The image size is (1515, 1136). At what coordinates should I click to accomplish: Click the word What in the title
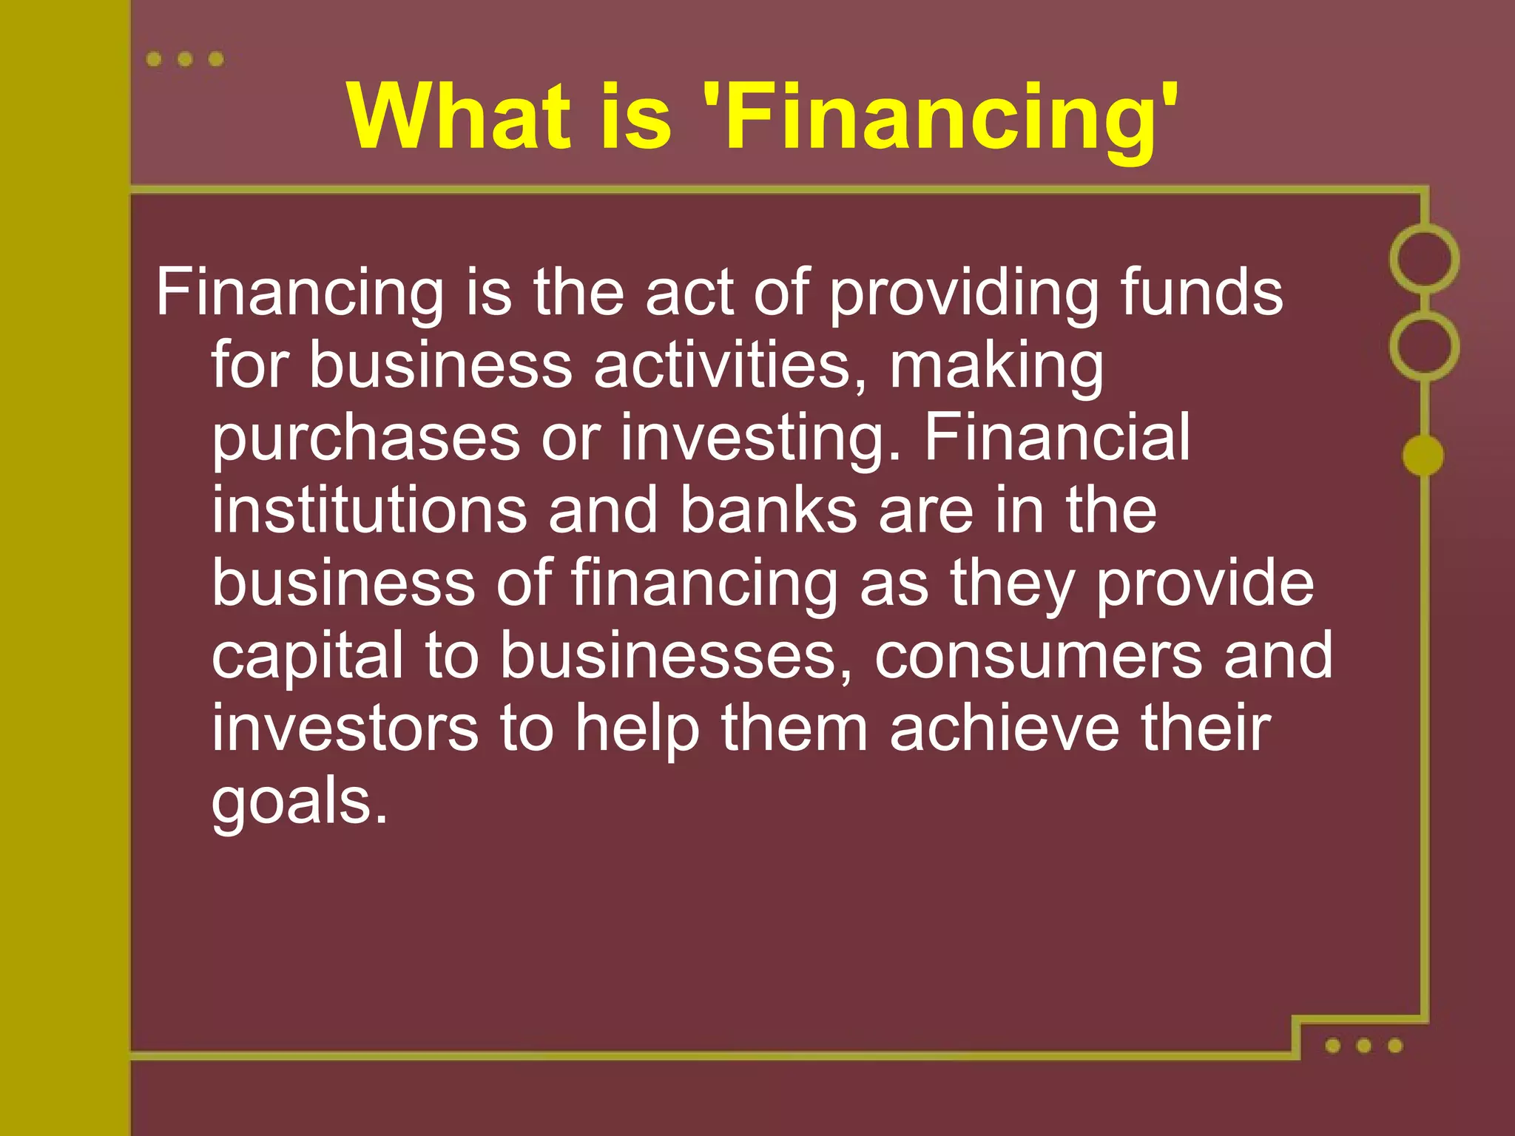point(459,116)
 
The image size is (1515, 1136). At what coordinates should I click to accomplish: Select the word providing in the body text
point(962,294)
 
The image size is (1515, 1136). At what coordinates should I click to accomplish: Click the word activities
point(729,365)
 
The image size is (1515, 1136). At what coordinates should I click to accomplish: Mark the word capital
point(308,657)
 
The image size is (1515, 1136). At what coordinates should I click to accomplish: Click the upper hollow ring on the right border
point(1424,259)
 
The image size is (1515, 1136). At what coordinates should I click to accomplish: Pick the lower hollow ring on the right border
point(1424,345)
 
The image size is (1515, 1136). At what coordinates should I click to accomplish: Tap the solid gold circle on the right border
point(1423,455)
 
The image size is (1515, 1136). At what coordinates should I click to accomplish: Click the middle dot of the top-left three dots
point(185,59)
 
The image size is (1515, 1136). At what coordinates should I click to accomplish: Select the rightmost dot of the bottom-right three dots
point(1395,1045)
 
